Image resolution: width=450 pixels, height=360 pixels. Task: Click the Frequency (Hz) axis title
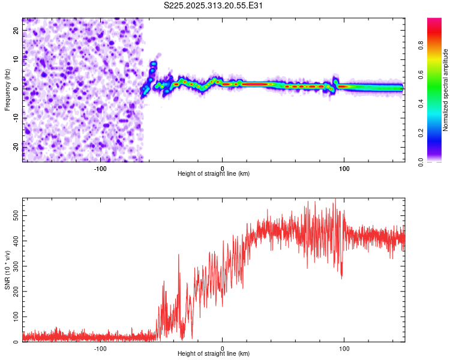7,90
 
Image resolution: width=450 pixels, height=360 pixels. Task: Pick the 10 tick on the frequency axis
16,59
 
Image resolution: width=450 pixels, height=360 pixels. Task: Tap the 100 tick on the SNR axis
13,316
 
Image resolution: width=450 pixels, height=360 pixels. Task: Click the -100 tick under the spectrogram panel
100,168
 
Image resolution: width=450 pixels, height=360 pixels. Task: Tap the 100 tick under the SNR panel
344,349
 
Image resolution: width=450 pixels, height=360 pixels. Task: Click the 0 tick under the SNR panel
223,349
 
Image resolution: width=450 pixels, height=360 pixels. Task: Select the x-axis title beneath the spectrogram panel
214,174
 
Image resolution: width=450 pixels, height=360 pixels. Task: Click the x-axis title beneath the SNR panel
214,355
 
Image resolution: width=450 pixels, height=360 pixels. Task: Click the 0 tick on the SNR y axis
16,342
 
